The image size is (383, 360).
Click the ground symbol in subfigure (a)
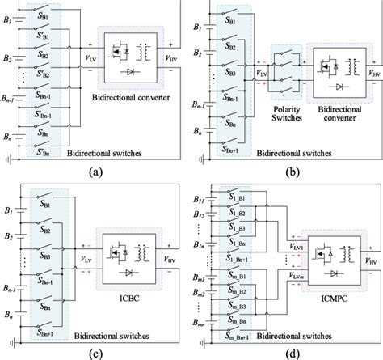click(9, 156)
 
